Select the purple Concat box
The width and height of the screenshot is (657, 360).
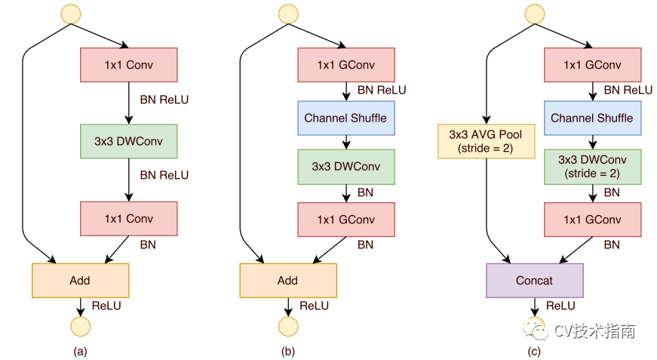coord(535,280)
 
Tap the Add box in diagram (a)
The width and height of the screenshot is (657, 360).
coord(80,280)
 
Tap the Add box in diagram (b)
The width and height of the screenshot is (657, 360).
coord(287,280)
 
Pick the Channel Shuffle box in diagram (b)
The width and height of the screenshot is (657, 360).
coord(345,118)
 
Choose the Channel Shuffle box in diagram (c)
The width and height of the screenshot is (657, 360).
coord(592,118)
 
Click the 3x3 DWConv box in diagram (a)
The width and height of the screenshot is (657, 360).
coord(128,141)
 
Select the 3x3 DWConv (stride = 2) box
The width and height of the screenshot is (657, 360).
coord(592,166)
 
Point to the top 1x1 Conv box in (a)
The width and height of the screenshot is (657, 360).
coord(128,65)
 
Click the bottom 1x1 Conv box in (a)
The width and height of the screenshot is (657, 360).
coord(128,219)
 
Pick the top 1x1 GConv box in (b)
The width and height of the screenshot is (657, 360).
coord(345,65)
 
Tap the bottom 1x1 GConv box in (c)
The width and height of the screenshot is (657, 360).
coord(592,220)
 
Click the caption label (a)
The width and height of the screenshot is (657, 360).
coord(80,351)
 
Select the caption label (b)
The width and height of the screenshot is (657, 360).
coord(287,351)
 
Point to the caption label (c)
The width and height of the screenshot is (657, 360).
coord(535,351)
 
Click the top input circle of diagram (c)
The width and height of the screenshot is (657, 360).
coord(535,13)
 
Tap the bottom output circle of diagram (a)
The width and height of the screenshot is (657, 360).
coord(80,325)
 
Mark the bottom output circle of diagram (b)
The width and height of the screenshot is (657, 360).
coord(287,325)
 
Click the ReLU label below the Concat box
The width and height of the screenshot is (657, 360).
coord(560,306)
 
